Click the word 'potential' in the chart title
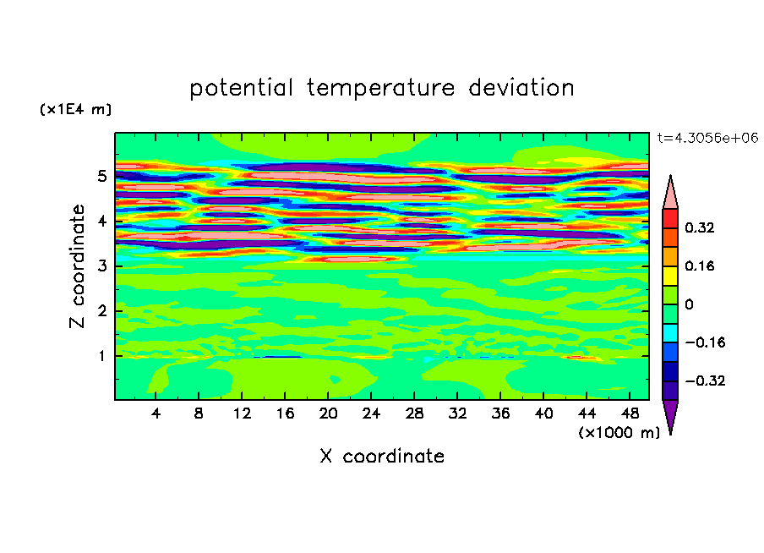coord(241,88)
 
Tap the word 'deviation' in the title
coord(521,87)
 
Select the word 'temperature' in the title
coord(380,88)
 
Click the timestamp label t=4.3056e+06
coord(707,138)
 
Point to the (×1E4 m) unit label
coord(75,109)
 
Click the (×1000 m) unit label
coord(619,432)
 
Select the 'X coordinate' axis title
coord(382,456)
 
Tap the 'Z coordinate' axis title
coord(77,266)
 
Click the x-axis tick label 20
coord(328,413)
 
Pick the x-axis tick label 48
coord(630,413)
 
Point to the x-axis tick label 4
coord(156,413)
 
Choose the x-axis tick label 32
coord(457,413)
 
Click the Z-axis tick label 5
coord(101,176)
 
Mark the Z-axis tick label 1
coord(101,356)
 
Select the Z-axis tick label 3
coord(101,266)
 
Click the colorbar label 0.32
coord(700,227)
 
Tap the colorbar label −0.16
coord(705,342)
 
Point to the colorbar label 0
coord(689,304)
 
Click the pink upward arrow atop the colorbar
coord(670,193)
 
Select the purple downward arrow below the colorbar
coord(670,415)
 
